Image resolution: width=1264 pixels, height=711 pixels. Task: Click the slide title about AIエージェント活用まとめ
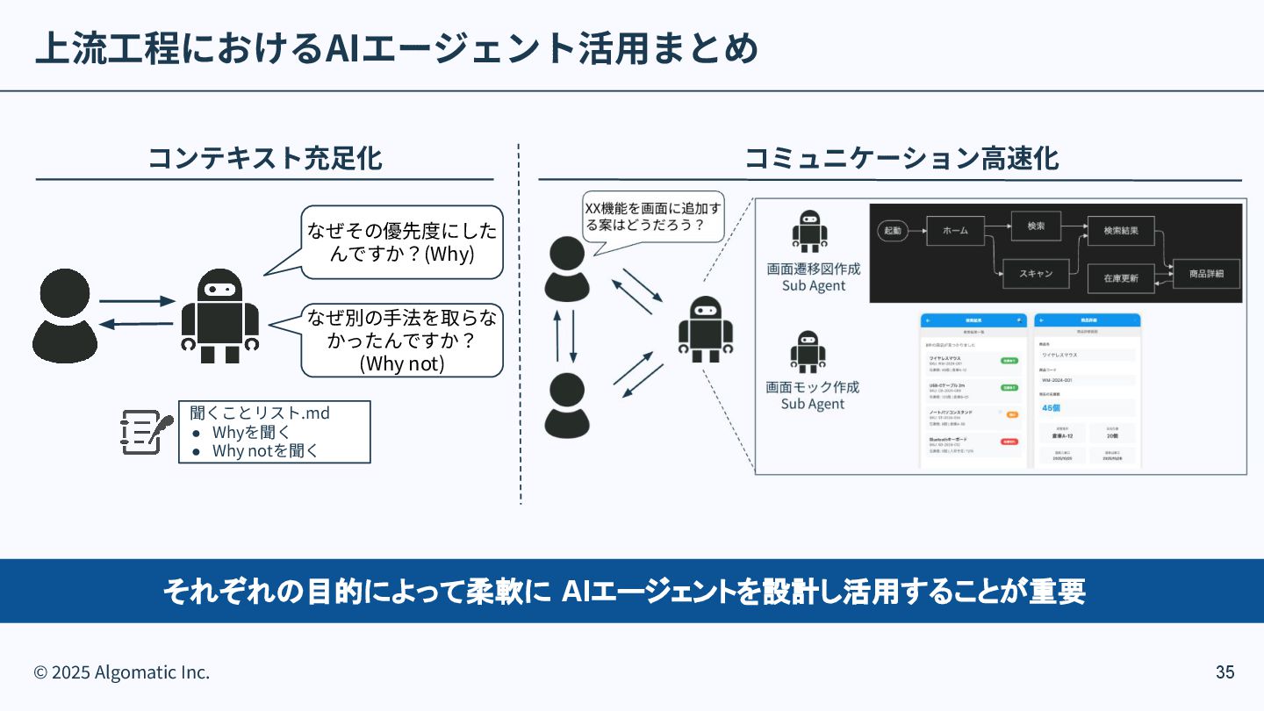click(395, 49)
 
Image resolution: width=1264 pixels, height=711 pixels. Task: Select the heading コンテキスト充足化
click(264, 158)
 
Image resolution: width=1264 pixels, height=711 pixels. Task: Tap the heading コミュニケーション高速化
click(901, 158)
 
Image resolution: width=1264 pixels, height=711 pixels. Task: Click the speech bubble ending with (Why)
click(402, 242)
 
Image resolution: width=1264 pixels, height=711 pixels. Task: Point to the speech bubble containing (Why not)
click(402, 341)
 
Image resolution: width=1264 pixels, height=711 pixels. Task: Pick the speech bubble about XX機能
click(653, 217)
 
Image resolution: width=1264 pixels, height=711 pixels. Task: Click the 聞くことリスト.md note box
click(274, 432)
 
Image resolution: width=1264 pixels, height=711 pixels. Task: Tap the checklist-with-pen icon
click(145, 431)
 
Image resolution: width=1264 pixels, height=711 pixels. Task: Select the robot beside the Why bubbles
click(219, 316)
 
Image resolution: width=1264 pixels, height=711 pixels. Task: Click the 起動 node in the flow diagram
click(892, 230)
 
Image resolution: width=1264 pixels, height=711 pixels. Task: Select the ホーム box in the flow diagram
click(955, 230)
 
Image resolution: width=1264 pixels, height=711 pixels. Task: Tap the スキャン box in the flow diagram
click(1036, 273)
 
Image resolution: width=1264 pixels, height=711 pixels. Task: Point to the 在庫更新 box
click(1121, 277)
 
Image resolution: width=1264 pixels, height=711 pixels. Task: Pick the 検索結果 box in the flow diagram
click(1120, 230)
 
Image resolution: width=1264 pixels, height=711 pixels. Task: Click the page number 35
click(1224, 672)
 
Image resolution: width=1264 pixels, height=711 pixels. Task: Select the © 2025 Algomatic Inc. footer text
click(122, 672)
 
